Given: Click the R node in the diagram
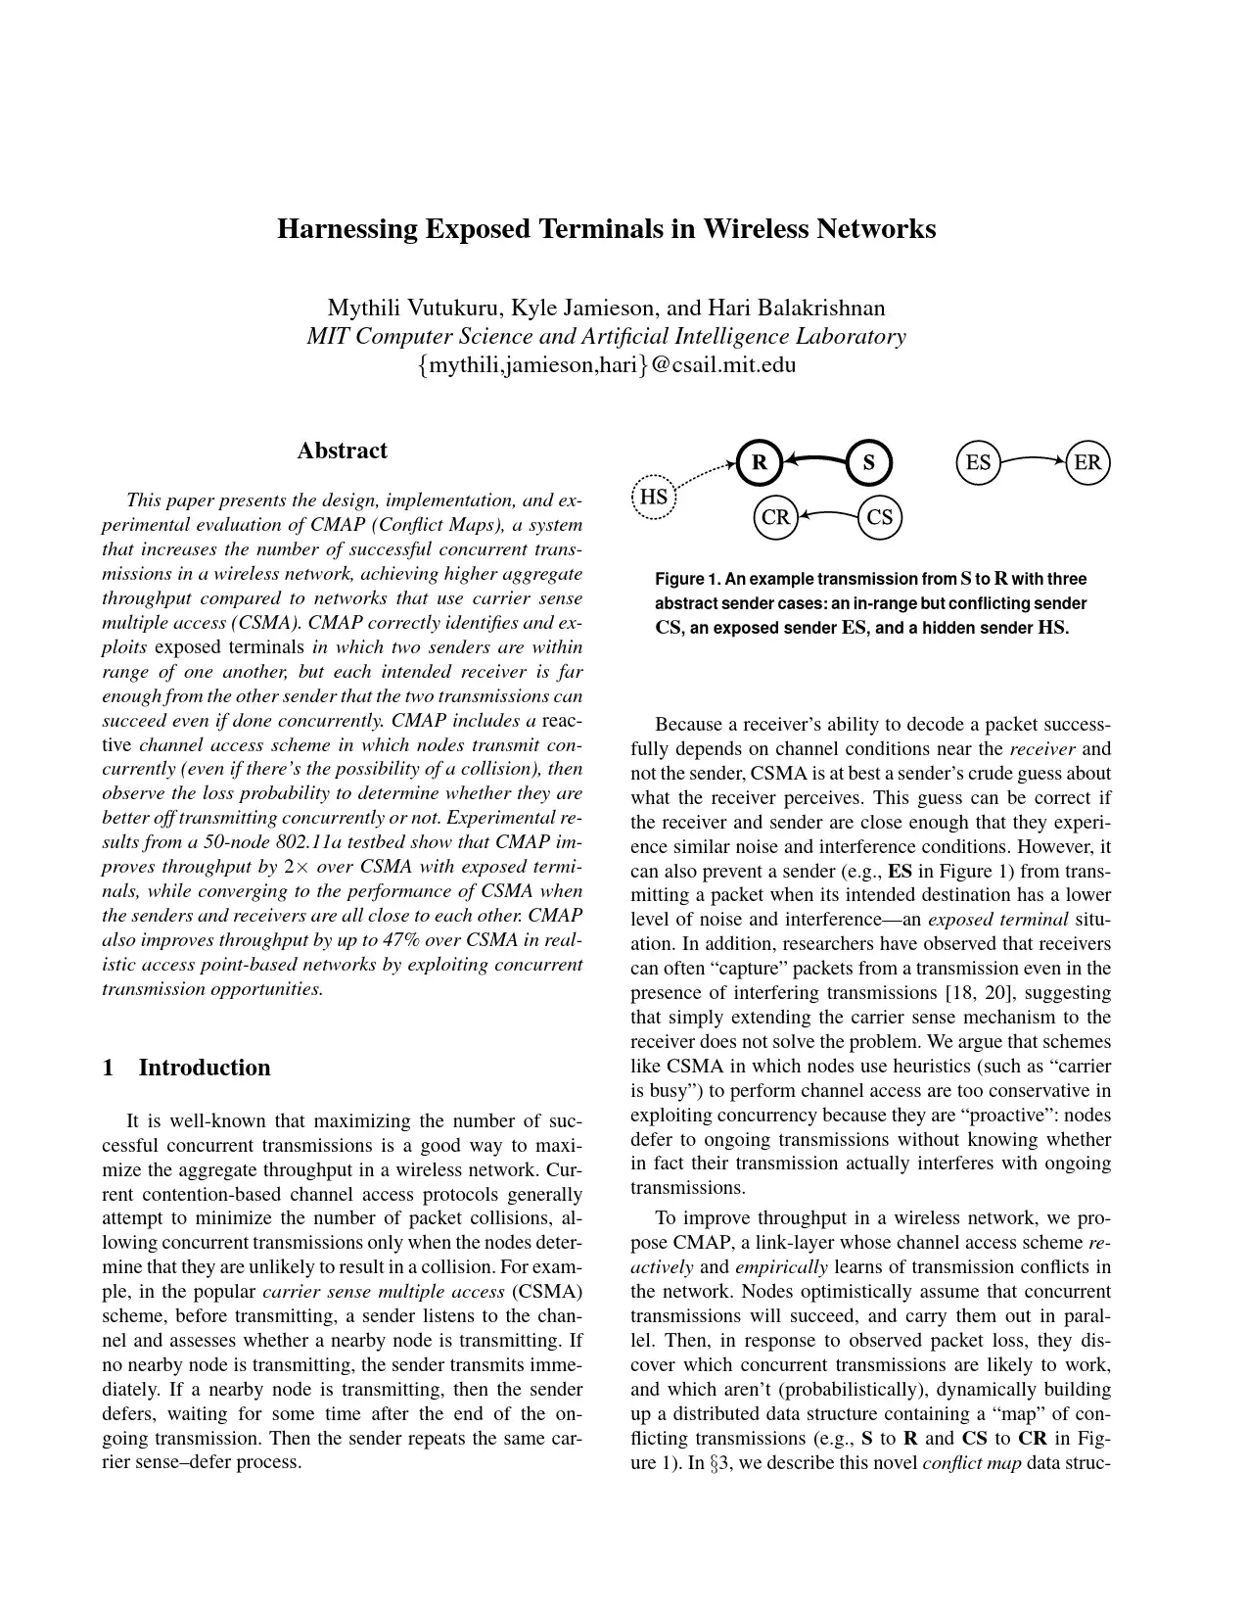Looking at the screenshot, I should (x=759, y=463).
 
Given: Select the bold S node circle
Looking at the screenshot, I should (x=868, y=463).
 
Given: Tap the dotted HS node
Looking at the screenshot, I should (x=654, y=498).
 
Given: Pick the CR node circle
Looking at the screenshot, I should (x=775, y=517).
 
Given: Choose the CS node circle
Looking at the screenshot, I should (x=879, y=517).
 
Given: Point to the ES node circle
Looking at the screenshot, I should (x=978, y=463).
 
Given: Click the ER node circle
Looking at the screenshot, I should (x=1087, y=463).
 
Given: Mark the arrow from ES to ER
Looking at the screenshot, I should (x=1033, y=457).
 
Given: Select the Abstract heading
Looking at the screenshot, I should (x=342, y=451).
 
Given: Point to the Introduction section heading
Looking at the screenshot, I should (x=204, y=1068).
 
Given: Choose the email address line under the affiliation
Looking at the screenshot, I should (x=606, y=365).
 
